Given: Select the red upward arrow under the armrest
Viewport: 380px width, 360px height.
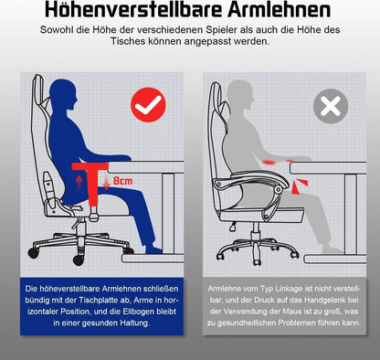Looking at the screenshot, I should (x=89, y=184).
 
